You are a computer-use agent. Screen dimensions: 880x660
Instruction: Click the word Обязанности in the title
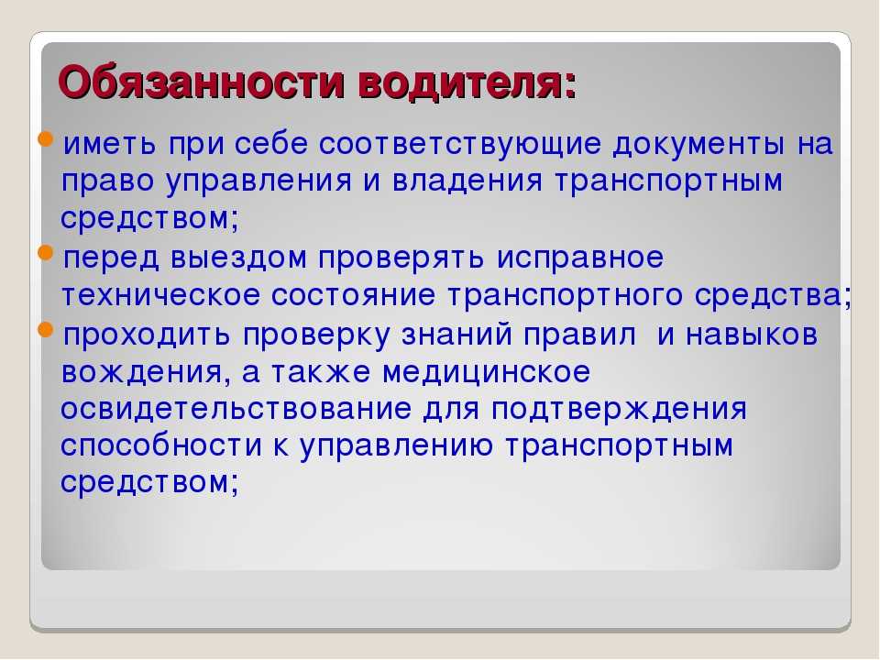point(202,83)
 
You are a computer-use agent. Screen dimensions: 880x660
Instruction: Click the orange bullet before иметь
point(46,138)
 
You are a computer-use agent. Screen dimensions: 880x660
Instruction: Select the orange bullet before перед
point(46,253)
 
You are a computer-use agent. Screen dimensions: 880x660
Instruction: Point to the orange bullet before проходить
point(46,329)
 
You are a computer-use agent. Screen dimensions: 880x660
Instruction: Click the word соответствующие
point(460,145)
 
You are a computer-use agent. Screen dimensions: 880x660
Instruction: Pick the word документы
point(698,145)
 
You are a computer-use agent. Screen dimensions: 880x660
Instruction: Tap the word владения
point(467,181)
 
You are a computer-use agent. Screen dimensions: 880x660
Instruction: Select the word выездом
point(239,258)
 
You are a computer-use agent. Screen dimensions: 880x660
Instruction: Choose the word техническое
point(160,295)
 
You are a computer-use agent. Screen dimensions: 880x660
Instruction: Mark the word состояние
point(353,295)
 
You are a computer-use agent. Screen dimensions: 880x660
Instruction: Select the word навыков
point(752,335)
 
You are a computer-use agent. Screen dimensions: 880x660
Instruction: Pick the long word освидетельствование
point(236,409)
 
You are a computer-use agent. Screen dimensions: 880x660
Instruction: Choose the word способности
point(161,446)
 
